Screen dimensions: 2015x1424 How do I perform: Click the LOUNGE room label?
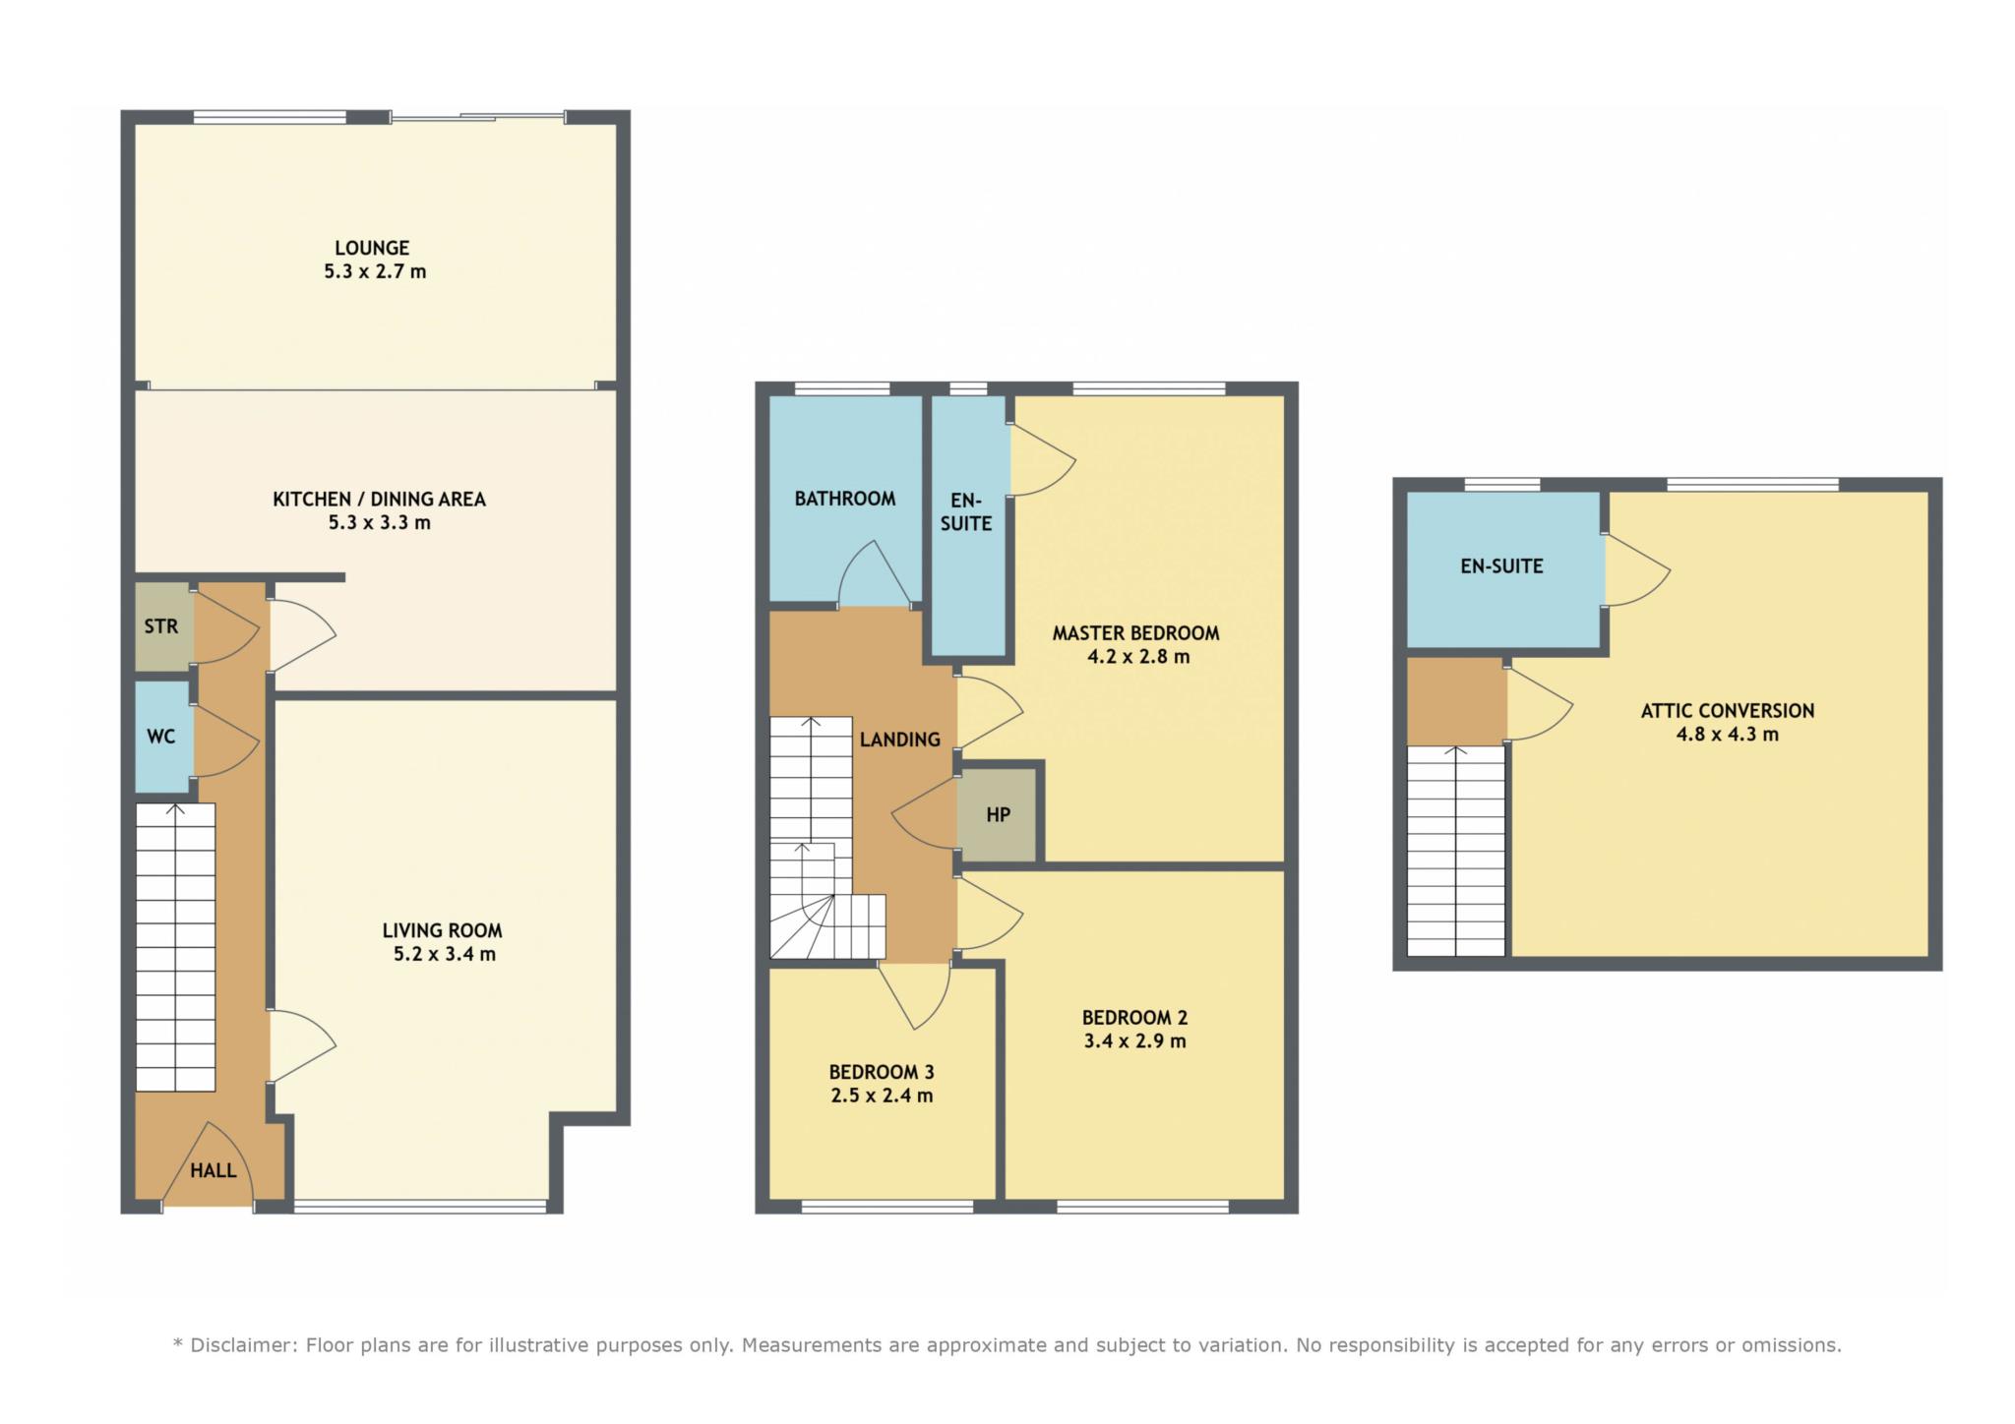(372, 248)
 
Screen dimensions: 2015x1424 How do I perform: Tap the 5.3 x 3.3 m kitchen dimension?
(380, 522)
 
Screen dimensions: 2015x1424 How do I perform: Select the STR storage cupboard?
(161, 626)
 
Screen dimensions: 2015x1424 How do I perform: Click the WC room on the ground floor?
(161, 736)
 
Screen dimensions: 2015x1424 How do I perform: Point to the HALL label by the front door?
(214, 1170)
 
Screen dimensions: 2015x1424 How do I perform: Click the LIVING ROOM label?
(443, 930)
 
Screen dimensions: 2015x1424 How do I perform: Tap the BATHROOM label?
(845, 499)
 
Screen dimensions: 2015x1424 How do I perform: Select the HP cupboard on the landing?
(998, 814)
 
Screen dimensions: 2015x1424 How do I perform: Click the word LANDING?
(900, 740)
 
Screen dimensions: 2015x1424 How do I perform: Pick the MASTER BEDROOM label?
(1136, 633)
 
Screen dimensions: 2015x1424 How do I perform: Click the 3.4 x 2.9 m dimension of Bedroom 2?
(1135, 1041)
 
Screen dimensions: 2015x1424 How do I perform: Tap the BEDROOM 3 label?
(882, 1072)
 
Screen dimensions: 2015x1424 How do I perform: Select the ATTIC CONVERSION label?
(1728, 711)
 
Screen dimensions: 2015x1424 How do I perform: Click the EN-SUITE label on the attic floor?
(1502, 566)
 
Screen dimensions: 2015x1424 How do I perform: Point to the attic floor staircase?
(1456, 851)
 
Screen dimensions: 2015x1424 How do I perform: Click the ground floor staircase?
(175, 947)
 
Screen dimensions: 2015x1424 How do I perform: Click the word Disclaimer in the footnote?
(242, 1345)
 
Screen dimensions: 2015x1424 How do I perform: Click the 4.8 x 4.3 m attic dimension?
(1728, 735)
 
